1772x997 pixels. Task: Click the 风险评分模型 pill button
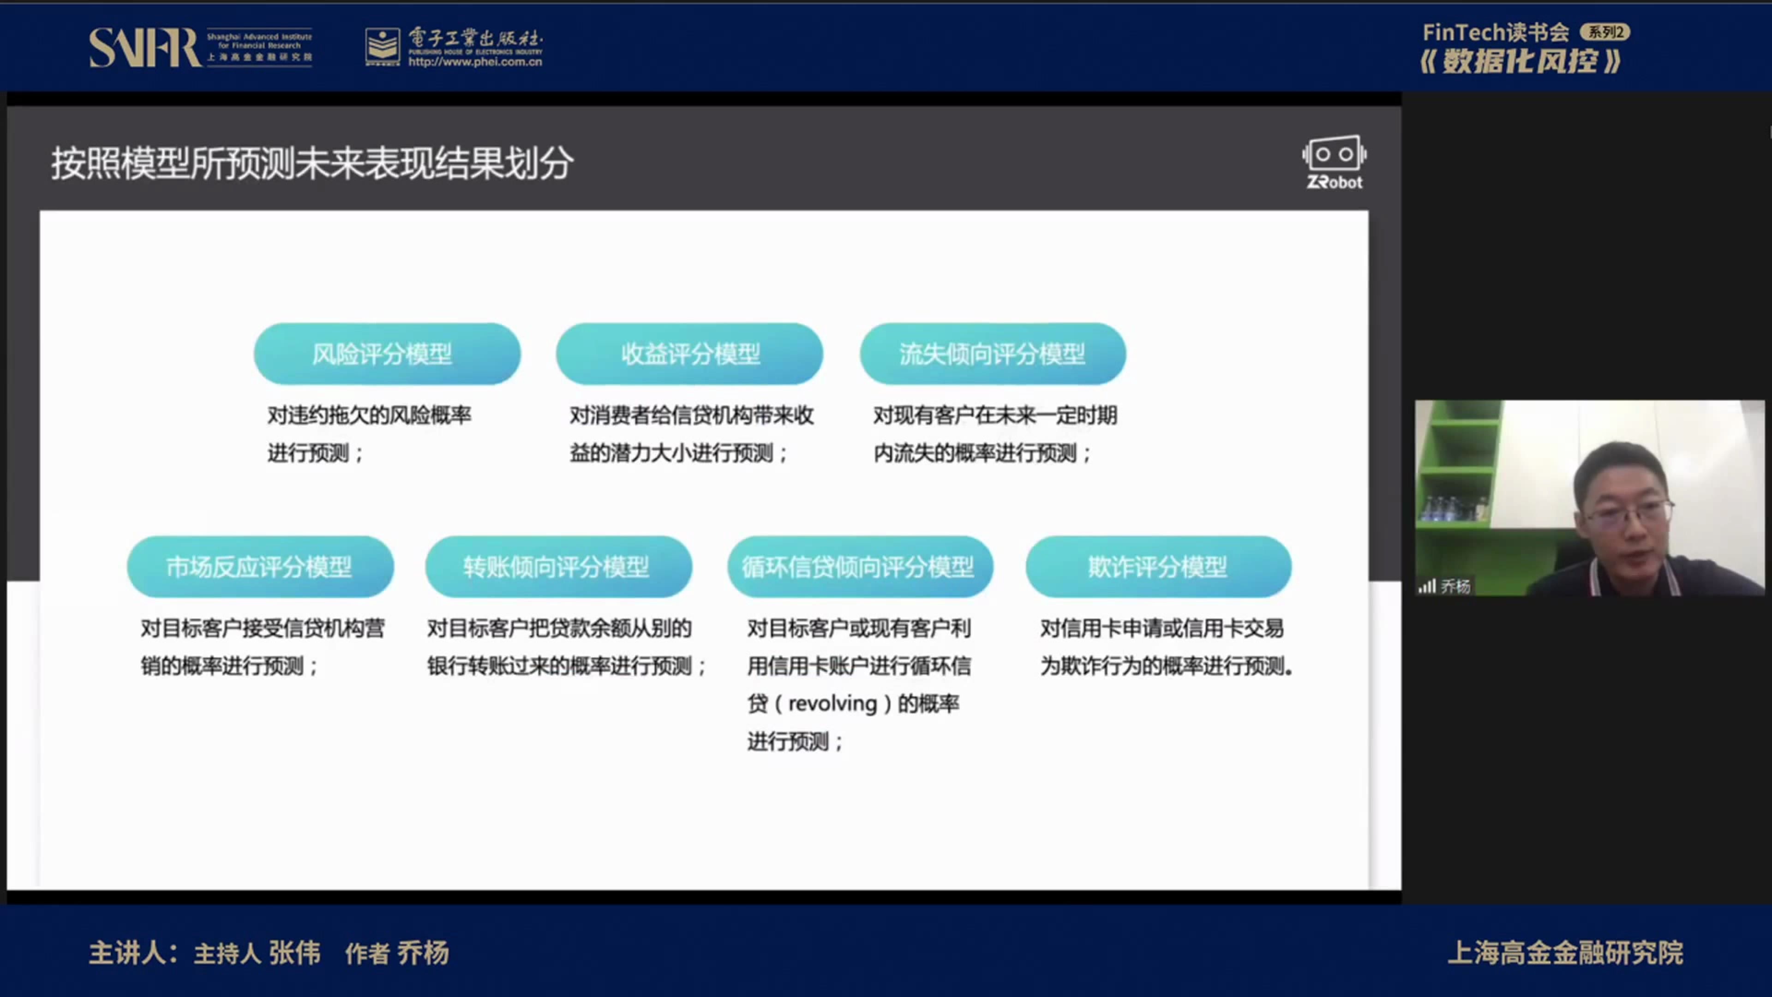click(387, 354)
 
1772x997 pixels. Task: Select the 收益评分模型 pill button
click(689, 354)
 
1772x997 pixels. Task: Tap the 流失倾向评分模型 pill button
click(992, 354)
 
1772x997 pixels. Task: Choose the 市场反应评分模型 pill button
click(260, 566)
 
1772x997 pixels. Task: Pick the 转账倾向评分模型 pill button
click(558, 566)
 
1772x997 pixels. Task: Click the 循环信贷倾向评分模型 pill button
click(860, 566)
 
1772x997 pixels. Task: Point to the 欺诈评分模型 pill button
click(1158, 566)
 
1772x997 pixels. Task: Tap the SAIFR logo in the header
click(144, 48)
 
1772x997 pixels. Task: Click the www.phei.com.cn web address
click(475, 62)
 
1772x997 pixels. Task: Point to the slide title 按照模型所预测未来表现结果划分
click(311, 164)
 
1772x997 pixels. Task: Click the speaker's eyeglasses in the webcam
click(1629, 513)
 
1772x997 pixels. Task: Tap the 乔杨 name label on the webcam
click(1455, 586)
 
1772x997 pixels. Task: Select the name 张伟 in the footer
click(294, 953)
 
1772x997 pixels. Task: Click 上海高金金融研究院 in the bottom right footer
click(1565, 953)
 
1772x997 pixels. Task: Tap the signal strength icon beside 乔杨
click(1427, 586)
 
